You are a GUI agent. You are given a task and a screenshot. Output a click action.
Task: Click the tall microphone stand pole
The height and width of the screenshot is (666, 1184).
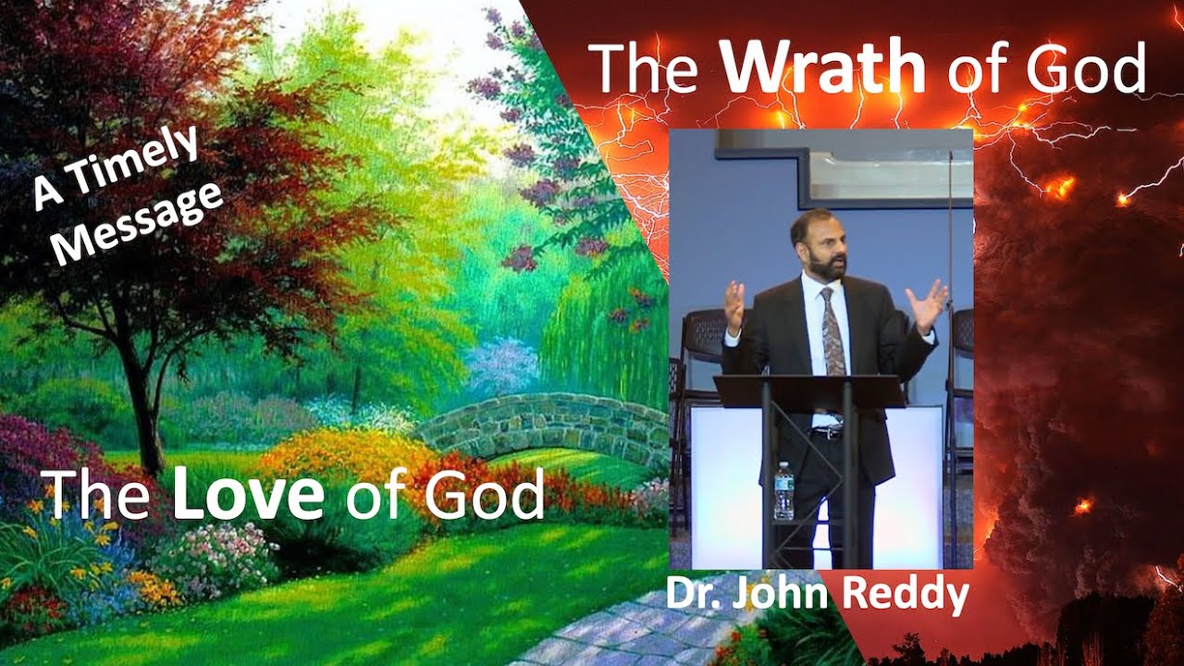tap(949, 370)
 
